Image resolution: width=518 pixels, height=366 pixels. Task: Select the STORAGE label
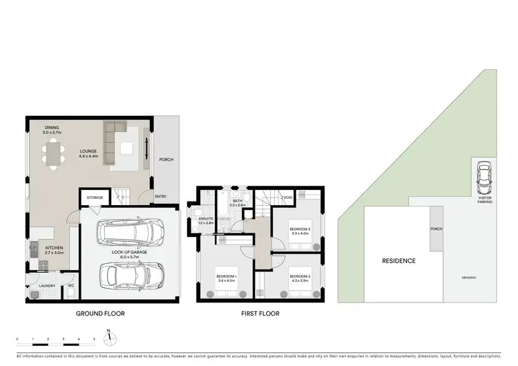(x=95, y=198)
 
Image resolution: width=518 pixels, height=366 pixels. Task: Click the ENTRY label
(x=160, y=197)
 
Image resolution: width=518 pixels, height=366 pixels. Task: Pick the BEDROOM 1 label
(x=227, y=278)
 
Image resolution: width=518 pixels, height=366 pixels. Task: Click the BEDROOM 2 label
(x=300, y=278)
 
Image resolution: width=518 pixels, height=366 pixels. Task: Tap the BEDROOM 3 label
(x=300, y=230)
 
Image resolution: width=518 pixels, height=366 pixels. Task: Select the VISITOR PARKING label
(x=483, y=200)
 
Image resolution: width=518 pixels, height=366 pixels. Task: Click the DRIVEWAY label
(x=470, y=278)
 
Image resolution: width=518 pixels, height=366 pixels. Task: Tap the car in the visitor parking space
(x=483, y=178)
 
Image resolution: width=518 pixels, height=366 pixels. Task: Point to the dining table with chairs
(x=52, y=151)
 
